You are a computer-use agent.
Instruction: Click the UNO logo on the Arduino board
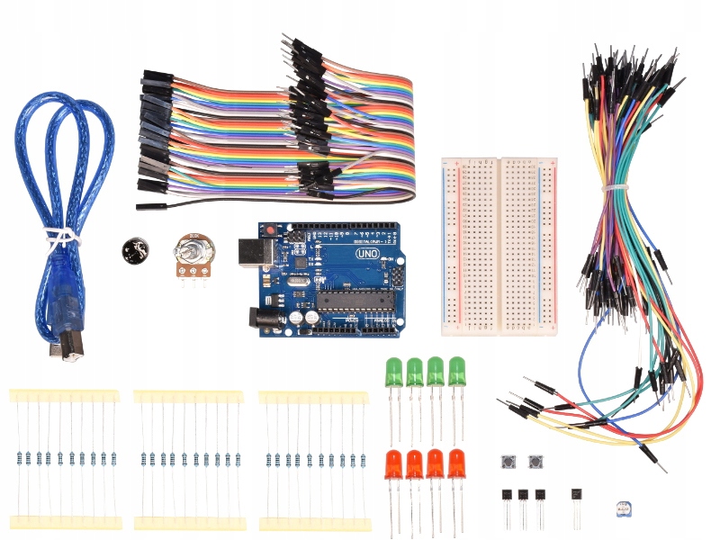pyautogui.click(x=366, y=255)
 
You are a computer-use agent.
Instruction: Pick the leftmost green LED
pyautogui.click(x=393, y=372)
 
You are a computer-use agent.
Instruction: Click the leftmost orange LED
pyautogui.click(x=393, y=463)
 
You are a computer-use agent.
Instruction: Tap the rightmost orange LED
pyautogui.click(x=457, y=463)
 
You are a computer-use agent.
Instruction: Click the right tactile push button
pyautogui.click(x=537, y=463)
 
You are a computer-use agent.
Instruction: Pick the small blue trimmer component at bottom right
pyautogui.click(x=620, y=509)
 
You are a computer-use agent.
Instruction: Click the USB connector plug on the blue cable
pyautogui.click(x=66, y=347)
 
